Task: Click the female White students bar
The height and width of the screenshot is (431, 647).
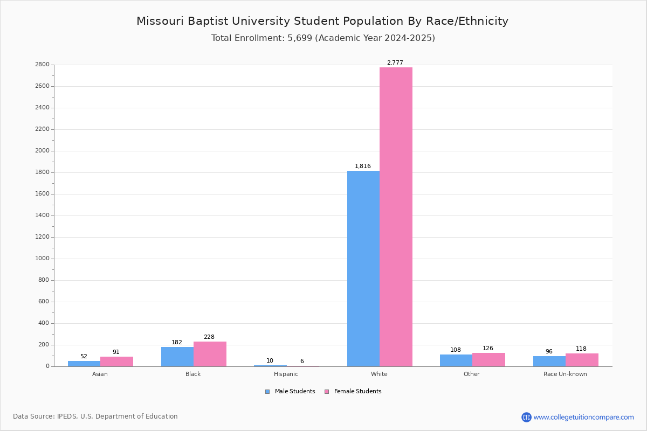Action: [396, 217]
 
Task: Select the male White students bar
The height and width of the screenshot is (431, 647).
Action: [363, 269]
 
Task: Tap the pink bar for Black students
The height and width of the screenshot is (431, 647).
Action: [210, 354]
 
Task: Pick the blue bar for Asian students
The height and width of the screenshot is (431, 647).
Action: [84, 364]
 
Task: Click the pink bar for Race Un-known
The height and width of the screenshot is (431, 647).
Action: [582, 360]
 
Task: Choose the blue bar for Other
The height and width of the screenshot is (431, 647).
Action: [456, 360]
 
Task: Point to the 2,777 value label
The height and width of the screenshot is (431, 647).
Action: [395, 62]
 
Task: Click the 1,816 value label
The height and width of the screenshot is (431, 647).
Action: [363, 166]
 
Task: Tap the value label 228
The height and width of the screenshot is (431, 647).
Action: [209, 337]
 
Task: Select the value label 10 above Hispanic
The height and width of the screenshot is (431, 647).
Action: [270, 360]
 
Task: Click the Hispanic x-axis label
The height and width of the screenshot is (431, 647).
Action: [286, 374]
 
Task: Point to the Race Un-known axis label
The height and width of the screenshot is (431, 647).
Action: [565, 374]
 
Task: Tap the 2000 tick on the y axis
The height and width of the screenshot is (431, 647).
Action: [42, 151]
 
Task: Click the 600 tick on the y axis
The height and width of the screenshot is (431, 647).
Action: [44, 301]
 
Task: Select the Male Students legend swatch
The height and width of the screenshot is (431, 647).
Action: [267, 392]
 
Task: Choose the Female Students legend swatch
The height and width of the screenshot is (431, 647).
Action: [327, 392]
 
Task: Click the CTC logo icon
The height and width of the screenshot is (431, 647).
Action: [526, 417]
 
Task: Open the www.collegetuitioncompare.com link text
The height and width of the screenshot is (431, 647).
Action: [584, 417]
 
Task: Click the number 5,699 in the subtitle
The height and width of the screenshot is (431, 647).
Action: [300, 38]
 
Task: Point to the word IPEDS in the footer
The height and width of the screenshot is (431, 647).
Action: [67, 416]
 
